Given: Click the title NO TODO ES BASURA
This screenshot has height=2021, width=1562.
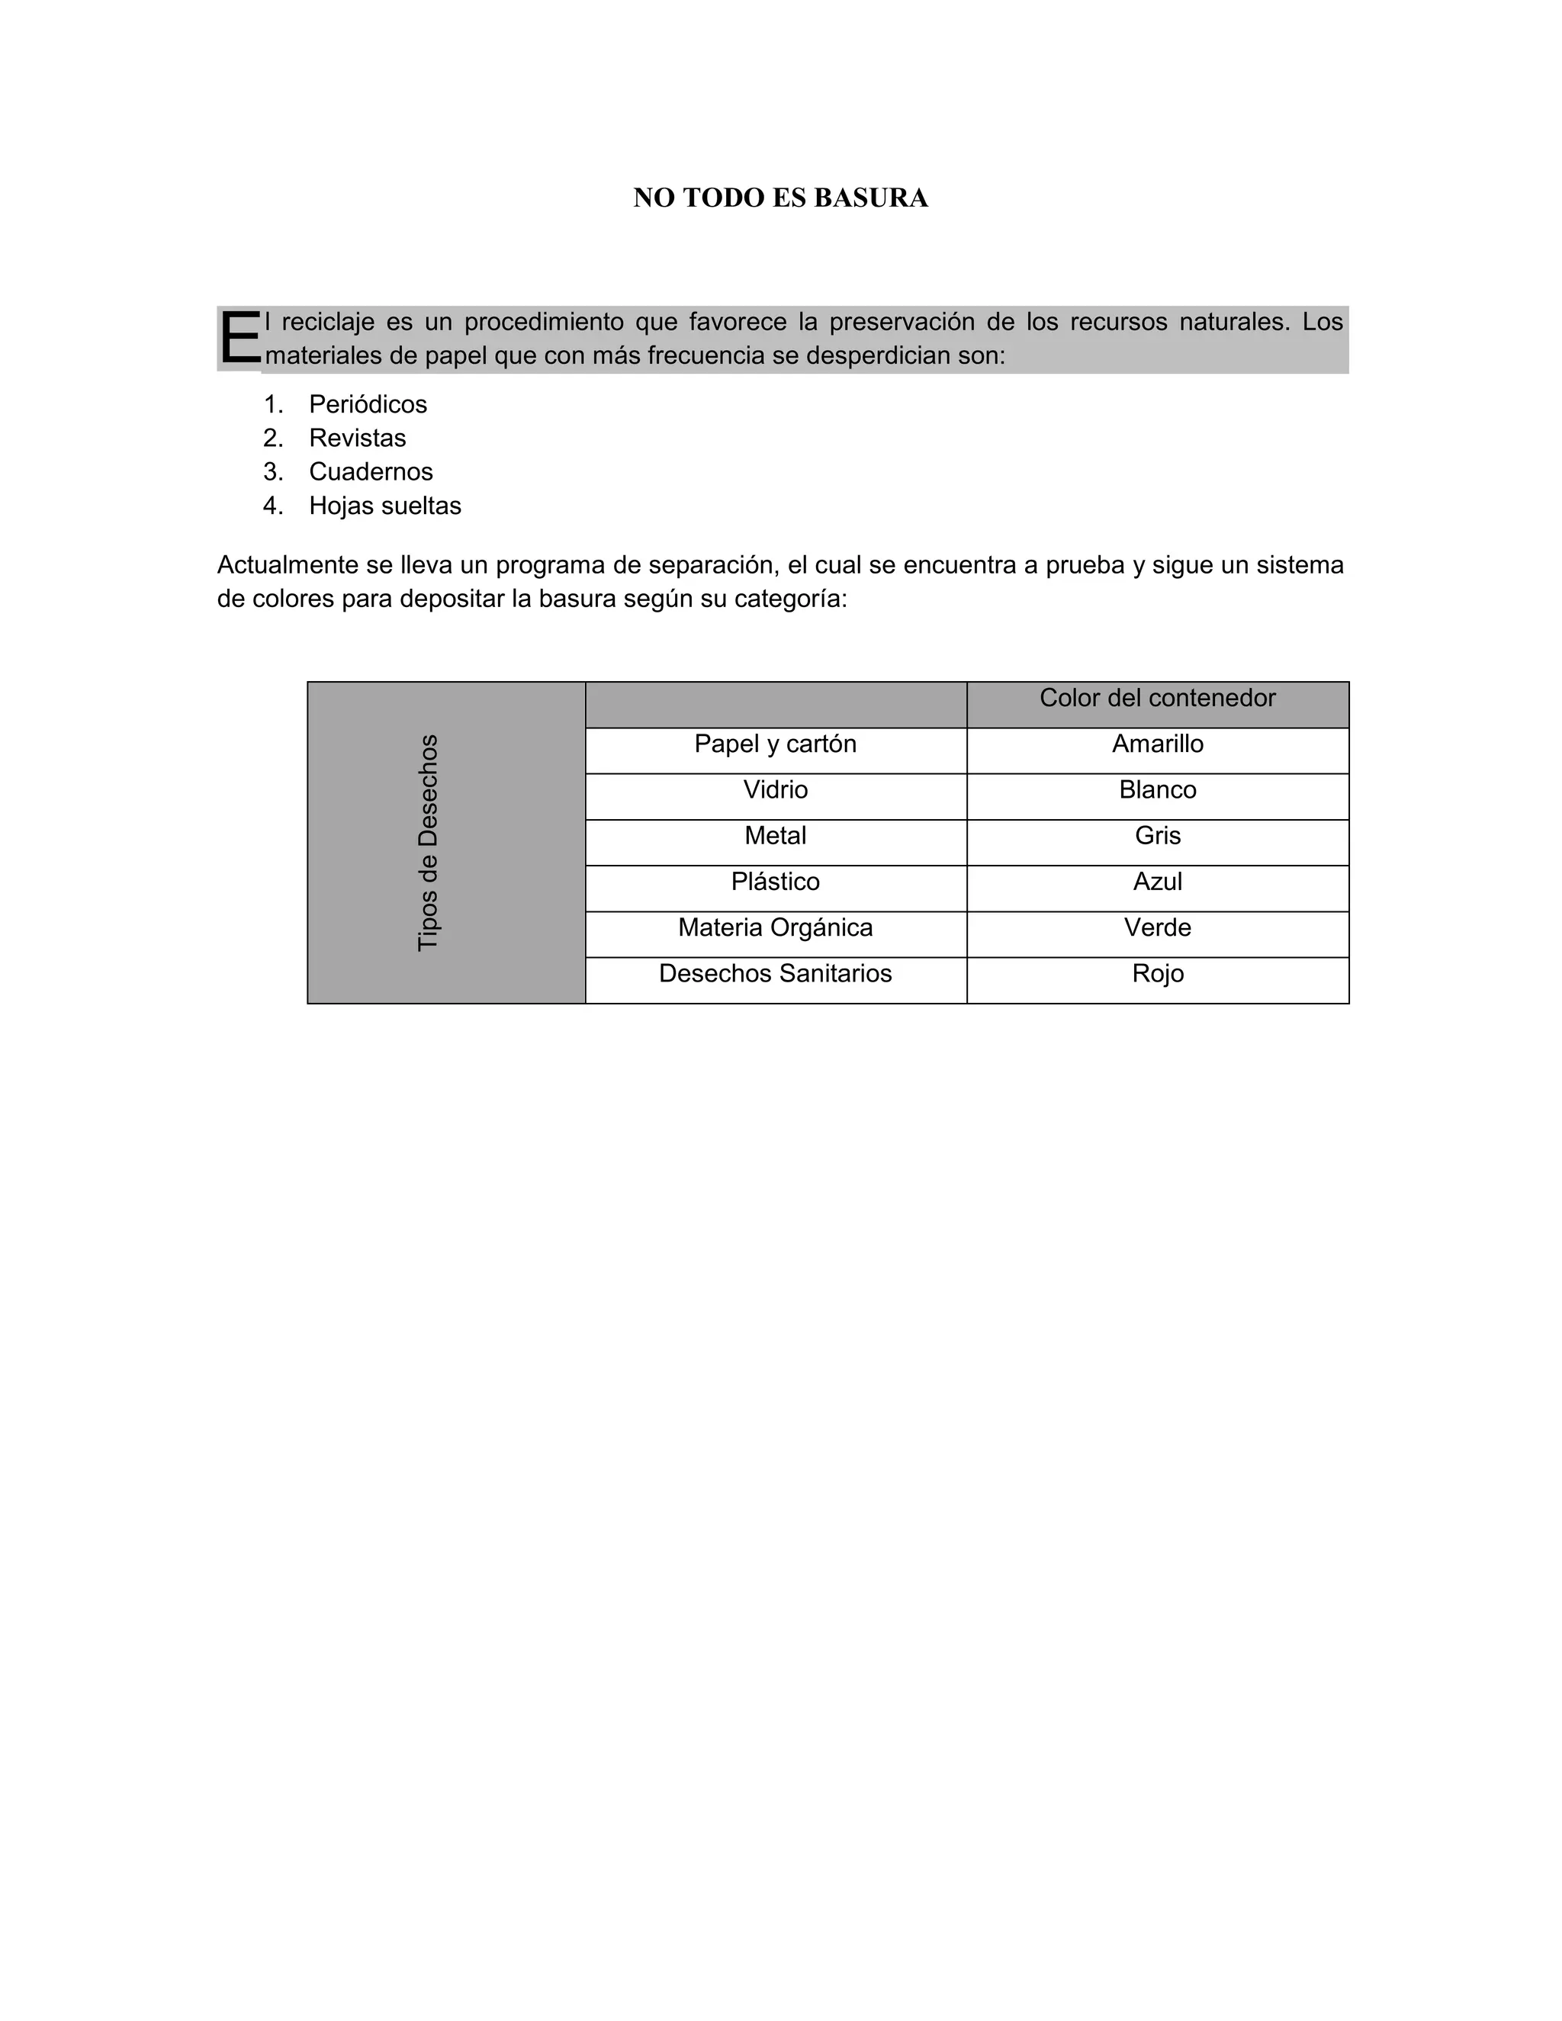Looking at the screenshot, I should pos(780,198).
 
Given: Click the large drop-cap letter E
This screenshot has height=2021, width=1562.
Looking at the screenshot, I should pos(239,339).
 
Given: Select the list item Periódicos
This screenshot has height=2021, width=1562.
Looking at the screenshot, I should pos(368,404).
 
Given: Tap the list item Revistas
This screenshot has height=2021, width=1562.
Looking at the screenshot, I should pos(357,438).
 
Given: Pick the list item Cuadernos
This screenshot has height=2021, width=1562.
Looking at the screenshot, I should pos(370,472).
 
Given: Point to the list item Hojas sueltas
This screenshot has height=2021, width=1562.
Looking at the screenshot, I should pos(385,505).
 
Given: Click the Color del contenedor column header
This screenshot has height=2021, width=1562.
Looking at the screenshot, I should pos(1157,699).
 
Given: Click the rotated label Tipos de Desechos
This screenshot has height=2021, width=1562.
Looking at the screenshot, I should pos(428,842).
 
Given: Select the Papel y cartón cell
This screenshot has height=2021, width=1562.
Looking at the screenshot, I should pos(776,745).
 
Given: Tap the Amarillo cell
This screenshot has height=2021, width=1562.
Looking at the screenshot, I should pos(1157,745).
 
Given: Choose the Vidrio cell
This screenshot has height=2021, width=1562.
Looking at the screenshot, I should pos(776,790).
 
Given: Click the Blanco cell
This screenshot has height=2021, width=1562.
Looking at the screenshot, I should pos(1157,790).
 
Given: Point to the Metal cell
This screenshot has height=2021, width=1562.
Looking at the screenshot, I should pos(776,837).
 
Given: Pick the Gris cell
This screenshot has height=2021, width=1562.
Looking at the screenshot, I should pos(1157,837).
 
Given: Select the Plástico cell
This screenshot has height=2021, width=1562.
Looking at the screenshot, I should pos(776,882).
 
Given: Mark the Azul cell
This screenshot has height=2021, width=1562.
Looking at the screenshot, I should pos(1157,882).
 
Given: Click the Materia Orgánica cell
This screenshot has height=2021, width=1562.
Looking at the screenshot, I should pos(776,928).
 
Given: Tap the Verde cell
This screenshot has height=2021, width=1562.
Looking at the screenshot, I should pos(1157,928).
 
